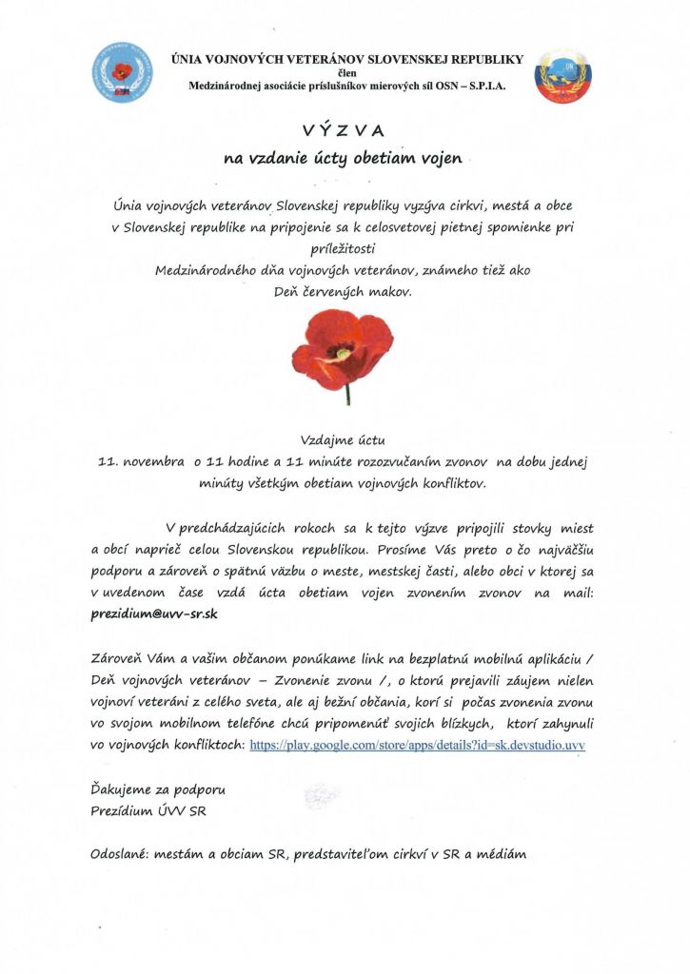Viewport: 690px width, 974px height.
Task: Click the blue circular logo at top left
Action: coord(122,72)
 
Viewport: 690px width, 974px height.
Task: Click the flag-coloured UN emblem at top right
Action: coord(562,75)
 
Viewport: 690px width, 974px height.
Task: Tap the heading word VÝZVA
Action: coord(345,131)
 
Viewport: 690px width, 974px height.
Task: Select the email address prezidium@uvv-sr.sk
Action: coord(155,614)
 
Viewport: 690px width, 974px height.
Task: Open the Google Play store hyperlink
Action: coord(417,745)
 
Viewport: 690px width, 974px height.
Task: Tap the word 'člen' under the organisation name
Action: coord(346,72)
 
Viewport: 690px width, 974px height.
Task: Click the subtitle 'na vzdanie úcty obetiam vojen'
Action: coord(344,159)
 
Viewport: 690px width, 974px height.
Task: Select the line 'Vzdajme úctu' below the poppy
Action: coord(345,440)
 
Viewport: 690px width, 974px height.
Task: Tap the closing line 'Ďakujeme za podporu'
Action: coord(158,789)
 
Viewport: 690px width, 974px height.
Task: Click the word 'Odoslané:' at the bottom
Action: coord(124,854)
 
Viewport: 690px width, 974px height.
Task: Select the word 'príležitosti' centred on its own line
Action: coord(345,248)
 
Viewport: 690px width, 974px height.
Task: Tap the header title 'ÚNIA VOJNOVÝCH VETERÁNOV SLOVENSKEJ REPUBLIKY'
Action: coord(346,59)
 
